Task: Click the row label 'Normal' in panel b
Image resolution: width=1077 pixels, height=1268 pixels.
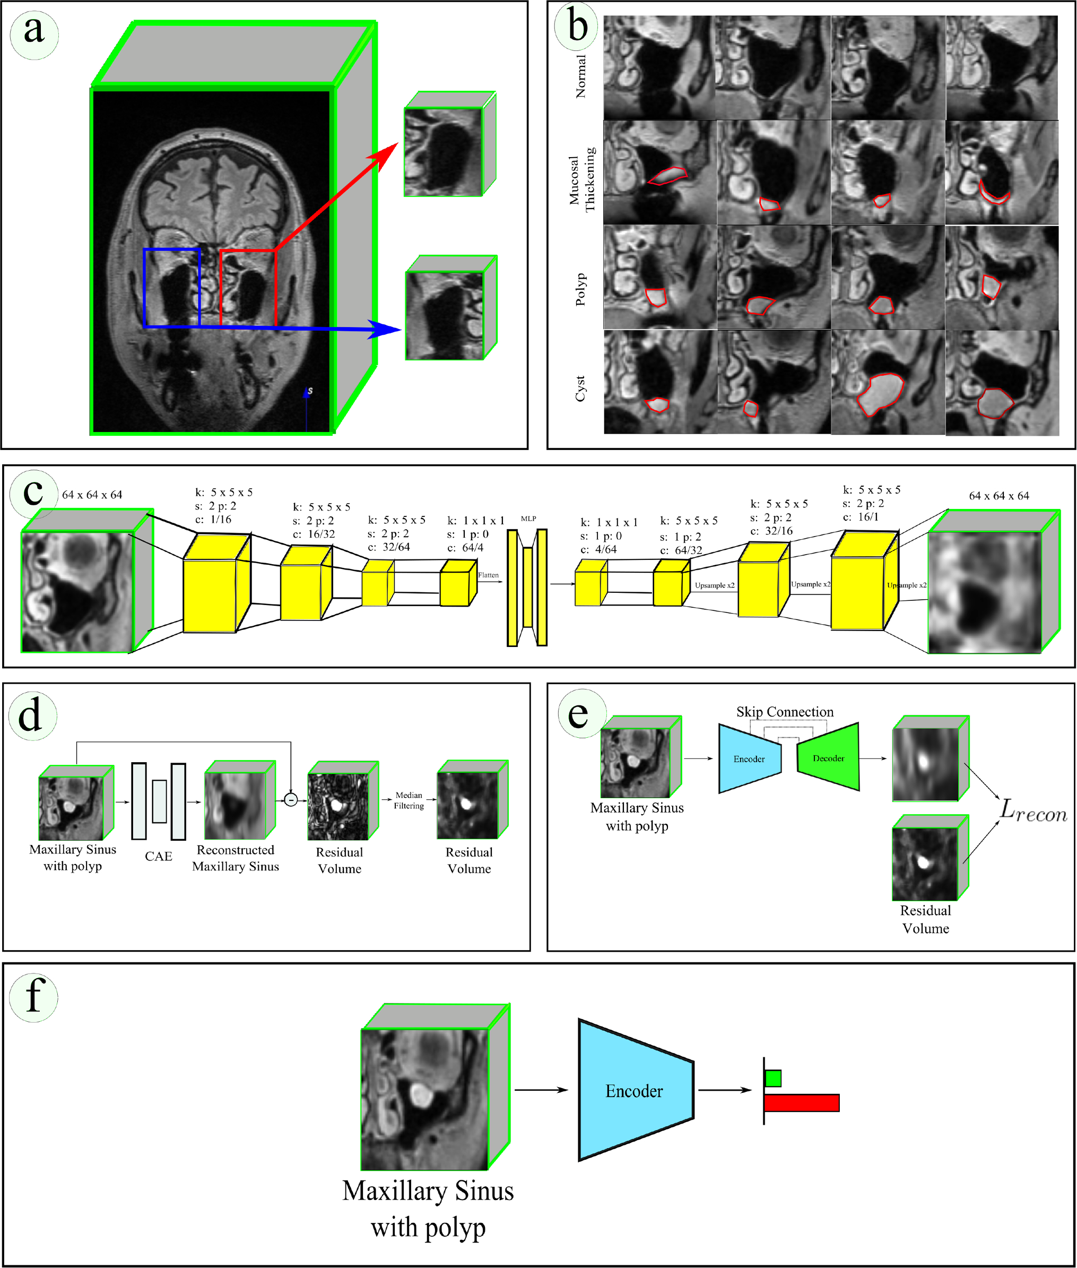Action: (x=580, y=76)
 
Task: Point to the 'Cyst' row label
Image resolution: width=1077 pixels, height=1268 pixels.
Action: (x=580, y=389)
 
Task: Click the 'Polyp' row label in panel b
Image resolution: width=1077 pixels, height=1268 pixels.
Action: (x=580, y=289)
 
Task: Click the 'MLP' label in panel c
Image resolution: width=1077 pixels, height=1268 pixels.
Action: (x=529, y=519)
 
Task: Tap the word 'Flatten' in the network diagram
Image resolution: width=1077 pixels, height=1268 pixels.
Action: (x=489, y=575)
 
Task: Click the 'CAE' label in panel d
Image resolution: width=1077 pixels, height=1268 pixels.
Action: (x=159, y=856)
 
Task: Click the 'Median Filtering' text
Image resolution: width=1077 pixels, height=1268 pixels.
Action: (x=409, y=800)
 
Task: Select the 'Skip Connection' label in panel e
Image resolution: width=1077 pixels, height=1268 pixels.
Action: (x=785, y=712)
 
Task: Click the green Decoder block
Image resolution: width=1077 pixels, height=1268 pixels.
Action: (x=829, y=758)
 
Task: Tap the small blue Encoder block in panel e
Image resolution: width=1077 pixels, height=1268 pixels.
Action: (x=749, y=758)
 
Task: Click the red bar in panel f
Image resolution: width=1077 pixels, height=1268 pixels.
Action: (x=801, y=1103)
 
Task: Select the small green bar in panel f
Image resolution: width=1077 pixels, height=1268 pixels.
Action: (x=773, y=1078)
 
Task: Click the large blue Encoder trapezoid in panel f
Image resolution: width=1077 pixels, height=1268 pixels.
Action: (x=635, y=1091)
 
